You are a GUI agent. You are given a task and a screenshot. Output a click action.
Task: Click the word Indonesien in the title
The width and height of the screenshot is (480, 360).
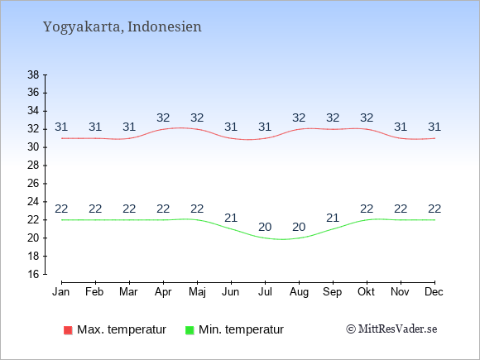(x=165, y=26)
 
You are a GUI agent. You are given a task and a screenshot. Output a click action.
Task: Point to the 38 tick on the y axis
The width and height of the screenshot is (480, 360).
(x=33, y=74)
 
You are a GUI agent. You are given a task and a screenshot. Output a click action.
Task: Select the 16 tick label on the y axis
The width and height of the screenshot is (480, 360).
(x=33, y=274)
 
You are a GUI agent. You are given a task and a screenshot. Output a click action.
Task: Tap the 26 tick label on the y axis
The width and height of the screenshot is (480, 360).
(x=33, y=184)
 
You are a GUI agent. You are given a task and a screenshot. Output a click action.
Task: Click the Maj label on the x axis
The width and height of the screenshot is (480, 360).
(x=197, y=292)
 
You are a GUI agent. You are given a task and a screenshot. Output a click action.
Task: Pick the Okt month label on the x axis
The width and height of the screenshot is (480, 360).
(x=366, y=292)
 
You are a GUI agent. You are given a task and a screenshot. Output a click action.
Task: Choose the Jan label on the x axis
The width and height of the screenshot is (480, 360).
(x=61, y=292)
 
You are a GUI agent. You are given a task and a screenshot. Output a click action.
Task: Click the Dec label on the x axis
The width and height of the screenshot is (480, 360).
(x=434, y=292)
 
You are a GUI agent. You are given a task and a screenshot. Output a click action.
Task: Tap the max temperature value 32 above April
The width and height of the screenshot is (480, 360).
(x=163, y=118)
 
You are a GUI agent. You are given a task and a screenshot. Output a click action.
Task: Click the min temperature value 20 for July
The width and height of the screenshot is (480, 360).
(x=265, y=227)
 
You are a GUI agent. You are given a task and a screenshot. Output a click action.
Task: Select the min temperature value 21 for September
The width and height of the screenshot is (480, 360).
(x=333, y=218)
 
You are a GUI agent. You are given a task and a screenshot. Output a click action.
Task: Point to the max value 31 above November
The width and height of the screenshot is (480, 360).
(x=401, y=127)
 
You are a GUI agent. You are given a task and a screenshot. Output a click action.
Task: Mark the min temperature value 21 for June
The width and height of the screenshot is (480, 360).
(x=231, y=218)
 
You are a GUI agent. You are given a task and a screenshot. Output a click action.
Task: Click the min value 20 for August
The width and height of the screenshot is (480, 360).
(x=299, y=227)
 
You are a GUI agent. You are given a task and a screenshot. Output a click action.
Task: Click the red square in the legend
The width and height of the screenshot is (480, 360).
(x=68, y=330)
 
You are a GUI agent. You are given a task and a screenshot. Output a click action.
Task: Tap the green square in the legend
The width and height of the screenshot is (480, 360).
(x=190, y=330)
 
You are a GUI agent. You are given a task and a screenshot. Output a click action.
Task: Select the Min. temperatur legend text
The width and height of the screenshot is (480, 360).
(x=241, y=329)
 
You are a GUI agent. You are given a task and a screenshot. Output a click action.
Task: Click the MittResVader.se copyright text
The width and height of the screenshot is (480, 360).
(x=391, y=329)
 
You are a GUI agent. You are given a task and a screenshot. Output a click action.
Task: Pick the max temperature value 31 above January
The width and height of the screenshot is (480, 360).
(x=61, y=127)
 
